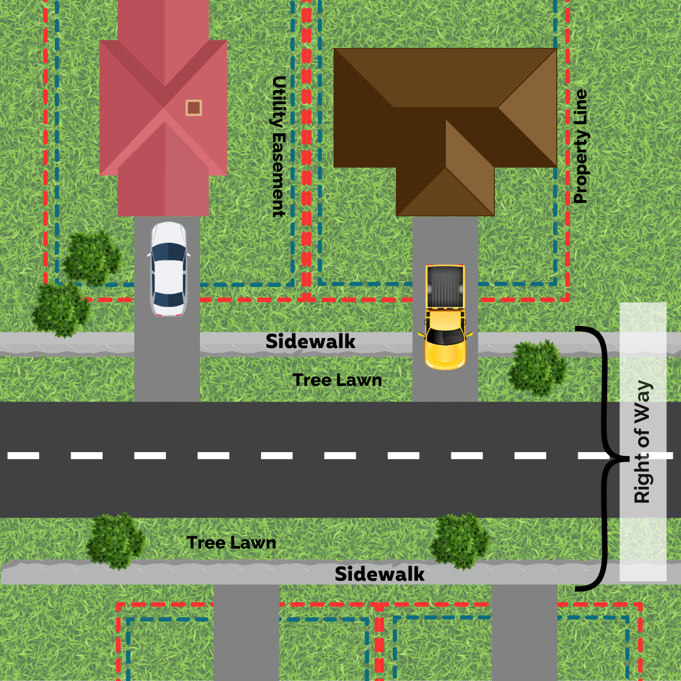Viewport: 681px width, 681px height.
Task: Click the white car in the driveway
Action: pyautogui.click(x=169, y=269)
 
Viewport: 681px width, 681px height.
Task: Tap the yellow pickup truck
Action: pyautogui.click(x=445, y=317)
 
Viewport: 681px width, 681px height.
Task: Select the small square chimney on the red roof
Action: pyautogui.click(x=194, y=108)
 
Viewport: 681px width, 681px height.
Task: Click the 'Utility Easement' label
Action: pyautogui.click(x=279, y=147)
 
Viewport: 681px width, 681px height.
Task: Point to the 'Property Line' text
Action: pyautogui.click(x=580, y=146)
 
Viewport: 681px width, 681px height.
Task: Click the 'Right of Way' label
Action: pyautogui.click(x=643, y=441)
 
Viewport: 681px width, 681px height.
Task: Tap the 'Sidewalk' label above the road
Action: pyautogui.click(x=310, y=341)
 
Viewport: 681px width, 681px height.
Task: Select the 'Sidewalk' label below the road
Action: pyautogui.click(x=380, y=574)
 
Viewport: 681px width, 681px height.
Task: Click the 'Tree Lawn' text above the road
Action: pyautogui.click(x=337, y=380)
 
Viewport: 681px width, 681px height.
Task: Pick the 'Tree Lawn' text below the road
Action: pyautogui.click(x=231, y=543)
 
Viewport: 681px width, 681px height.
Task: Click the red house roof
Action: pyautogui.click(x=163, y=108)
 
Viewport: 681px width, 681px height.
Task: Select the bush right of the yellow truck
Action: pyautogui.click(x=537, y=368)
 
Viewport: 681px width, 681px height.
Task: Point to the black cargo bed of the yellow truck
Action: pyautogui.click(x=445, y=287)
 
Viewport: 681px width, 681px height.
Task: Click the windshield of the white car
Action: pyautogui.click(x=169, y=252)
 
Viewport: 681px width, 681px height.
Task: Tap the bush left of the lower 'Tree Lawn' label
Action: pyautogui.click(x=115, y=541)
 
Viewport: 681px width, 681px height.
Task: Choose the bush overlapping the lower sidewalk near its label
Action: pyautogui.click(x=460, y=541)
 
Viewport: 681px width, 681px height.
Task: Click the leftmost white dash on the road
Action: pyautogui.click(x=23, y=456)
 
